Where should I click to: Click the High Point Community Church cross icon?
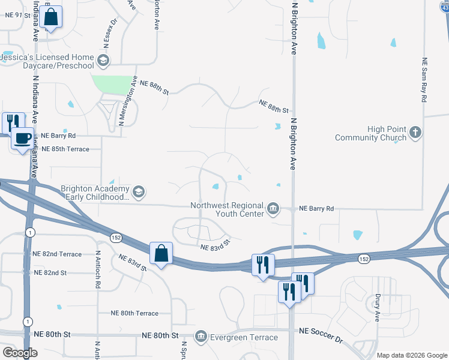(415, 131)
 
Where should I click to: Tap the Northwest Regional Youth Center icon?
(273, 208)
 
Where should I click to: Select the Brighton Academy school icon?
(139, 191)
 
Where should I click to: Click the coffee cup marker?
(23, 139)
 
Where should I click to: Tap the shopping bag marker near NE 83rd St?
(161, 253)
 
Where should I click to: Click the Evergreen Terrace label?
(243, 337)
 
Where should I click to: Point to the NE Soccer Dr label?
(321, 335)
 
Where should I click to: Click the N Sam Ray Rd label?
(424, 79)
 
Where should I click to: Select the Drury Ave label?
(377, 307)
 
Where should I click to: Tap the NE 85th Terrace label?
(61, 149)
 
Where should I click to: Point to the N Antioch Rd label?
(97, 269)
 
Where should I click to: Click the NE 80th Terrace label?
(134, 313)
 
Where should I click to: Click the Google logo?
(20, 353)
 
